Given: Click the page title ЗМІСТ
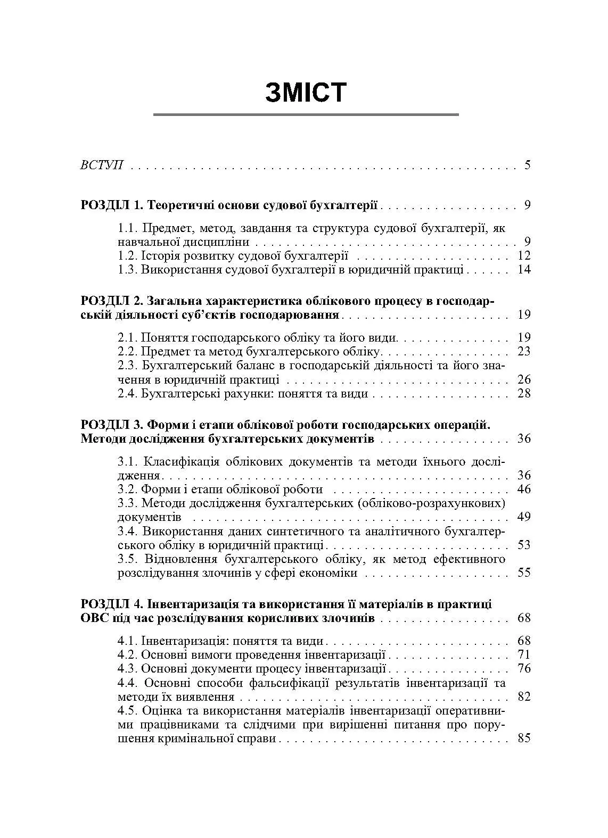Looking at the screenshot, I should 306,93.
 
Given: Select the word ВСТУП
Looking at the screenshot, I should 101,165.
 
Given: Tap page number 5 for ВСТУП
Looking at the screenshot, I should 527,165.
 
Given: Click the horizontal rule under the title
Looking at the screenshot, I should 306,114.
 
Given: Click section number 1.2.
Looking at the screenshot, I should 128,255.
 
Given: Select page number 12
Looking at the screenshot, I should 524,255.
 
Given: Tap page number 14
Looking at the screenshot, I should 524,269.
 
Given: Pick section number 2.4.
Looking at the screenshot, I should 128,394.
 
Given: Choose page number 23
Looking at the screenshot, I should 524,351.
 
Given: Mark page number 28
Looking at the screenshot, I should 524,394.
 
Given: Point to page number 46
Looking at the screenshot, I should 524,489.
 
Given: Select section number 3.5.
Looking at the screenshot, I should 128,559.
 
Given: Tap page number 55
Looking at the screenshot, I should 524,573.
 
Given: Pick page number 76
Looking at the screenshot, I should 524,668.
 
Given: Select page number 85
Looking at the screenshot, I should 524,739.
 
